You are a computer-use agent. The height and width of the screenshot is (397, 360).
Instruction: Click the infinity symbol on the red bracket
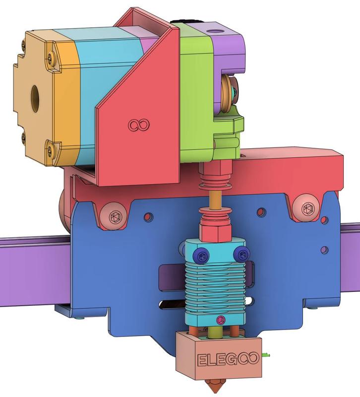pyautogui.click(x=139, y=125)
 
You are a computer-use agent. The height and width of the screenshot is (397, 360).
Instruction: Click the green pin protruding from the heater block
pyautogui.click(x=267, y=354)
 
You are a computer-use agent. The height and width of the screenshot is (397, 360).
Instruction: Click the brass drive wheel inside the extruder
pyautogui.click(x=226, y=94)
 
